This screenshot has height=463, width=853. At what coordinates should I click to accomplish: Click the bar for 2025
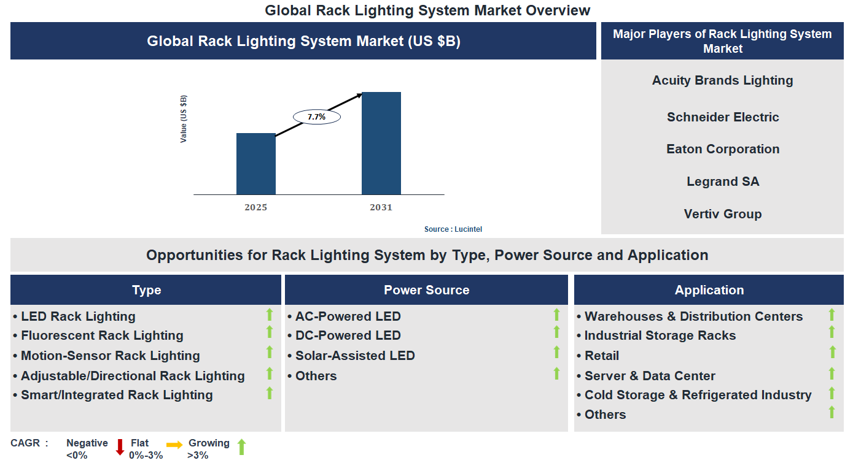coord(256,164)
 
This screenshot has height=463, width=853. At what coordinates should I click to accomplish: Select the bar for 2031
coord(381,143)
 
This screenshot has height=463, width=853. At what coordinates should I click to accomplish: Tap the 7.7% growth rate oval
coord(316,117)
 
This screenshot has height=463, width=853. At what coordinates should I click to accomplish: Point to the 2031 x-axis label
coord(381,208)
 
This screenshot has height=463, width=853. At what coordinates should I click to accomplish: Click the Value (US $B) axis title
coord(184,119)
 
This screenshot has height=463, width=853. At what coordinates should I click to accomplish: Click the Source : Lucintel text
coord(453,229)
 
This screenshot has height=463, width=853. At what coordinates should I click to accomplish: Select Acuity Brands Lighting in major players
coord(722,80)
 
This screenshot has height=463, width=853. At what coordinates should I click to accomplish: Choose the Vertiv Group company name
coord(722,214)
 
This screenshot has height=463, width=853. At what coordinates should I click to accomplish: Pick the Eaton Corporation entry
coord(722,149)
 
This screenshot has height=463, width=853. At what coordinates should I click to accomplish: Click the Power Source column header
coord(426,290)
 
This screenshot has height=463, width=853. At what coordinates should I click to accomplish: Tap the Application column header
coord(709,290)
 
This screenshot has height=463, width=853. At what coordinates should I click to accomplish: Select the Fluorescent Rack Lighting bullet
coord(102,335)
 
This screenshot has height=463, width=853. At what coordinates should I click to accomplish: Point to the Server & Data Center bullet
coord(649,376)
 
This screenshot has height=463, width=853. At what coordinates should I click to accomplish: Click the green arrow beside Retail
coord(832,352)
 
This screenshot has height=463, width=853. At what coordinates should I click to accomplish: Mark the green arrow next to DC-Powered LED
coord(556,332)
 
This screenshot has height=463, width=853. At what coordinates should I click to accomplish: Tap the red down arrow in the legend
coord(120,447)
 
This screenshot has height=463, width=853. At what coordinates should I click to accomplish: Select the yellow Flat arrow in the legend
coord(174,445)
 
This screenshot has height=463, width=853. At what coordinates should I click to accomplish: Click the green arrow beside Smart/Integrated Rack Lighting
coord(269,393)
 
